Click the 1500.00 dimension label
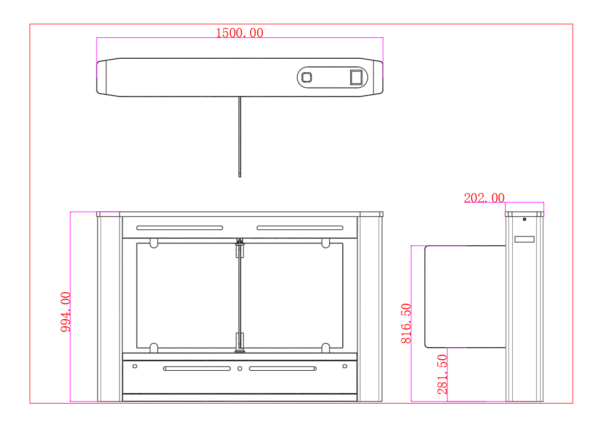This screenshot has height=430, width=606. tap(239, 33)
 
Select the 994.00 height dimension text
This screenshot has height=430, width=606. tap(66, 312)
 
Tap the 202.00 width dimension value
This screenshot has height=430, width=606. tap(484, 198)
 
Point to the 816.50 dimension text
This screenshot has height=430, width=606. tap(406, 323)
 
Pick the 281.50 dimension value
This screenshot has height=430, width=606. tap(442, 374)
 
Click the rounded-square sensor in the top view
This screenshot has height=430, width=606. tap(307, 77)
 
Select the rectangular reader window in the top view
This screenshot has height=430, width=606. tap(356, 77)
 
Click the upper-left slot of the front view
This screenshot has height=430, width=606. tap(180, 228)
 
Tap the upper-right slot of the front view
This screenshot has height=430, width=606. tap(300, 228)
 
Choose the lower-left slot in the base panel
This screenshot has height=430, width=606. tap(197, 369)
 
